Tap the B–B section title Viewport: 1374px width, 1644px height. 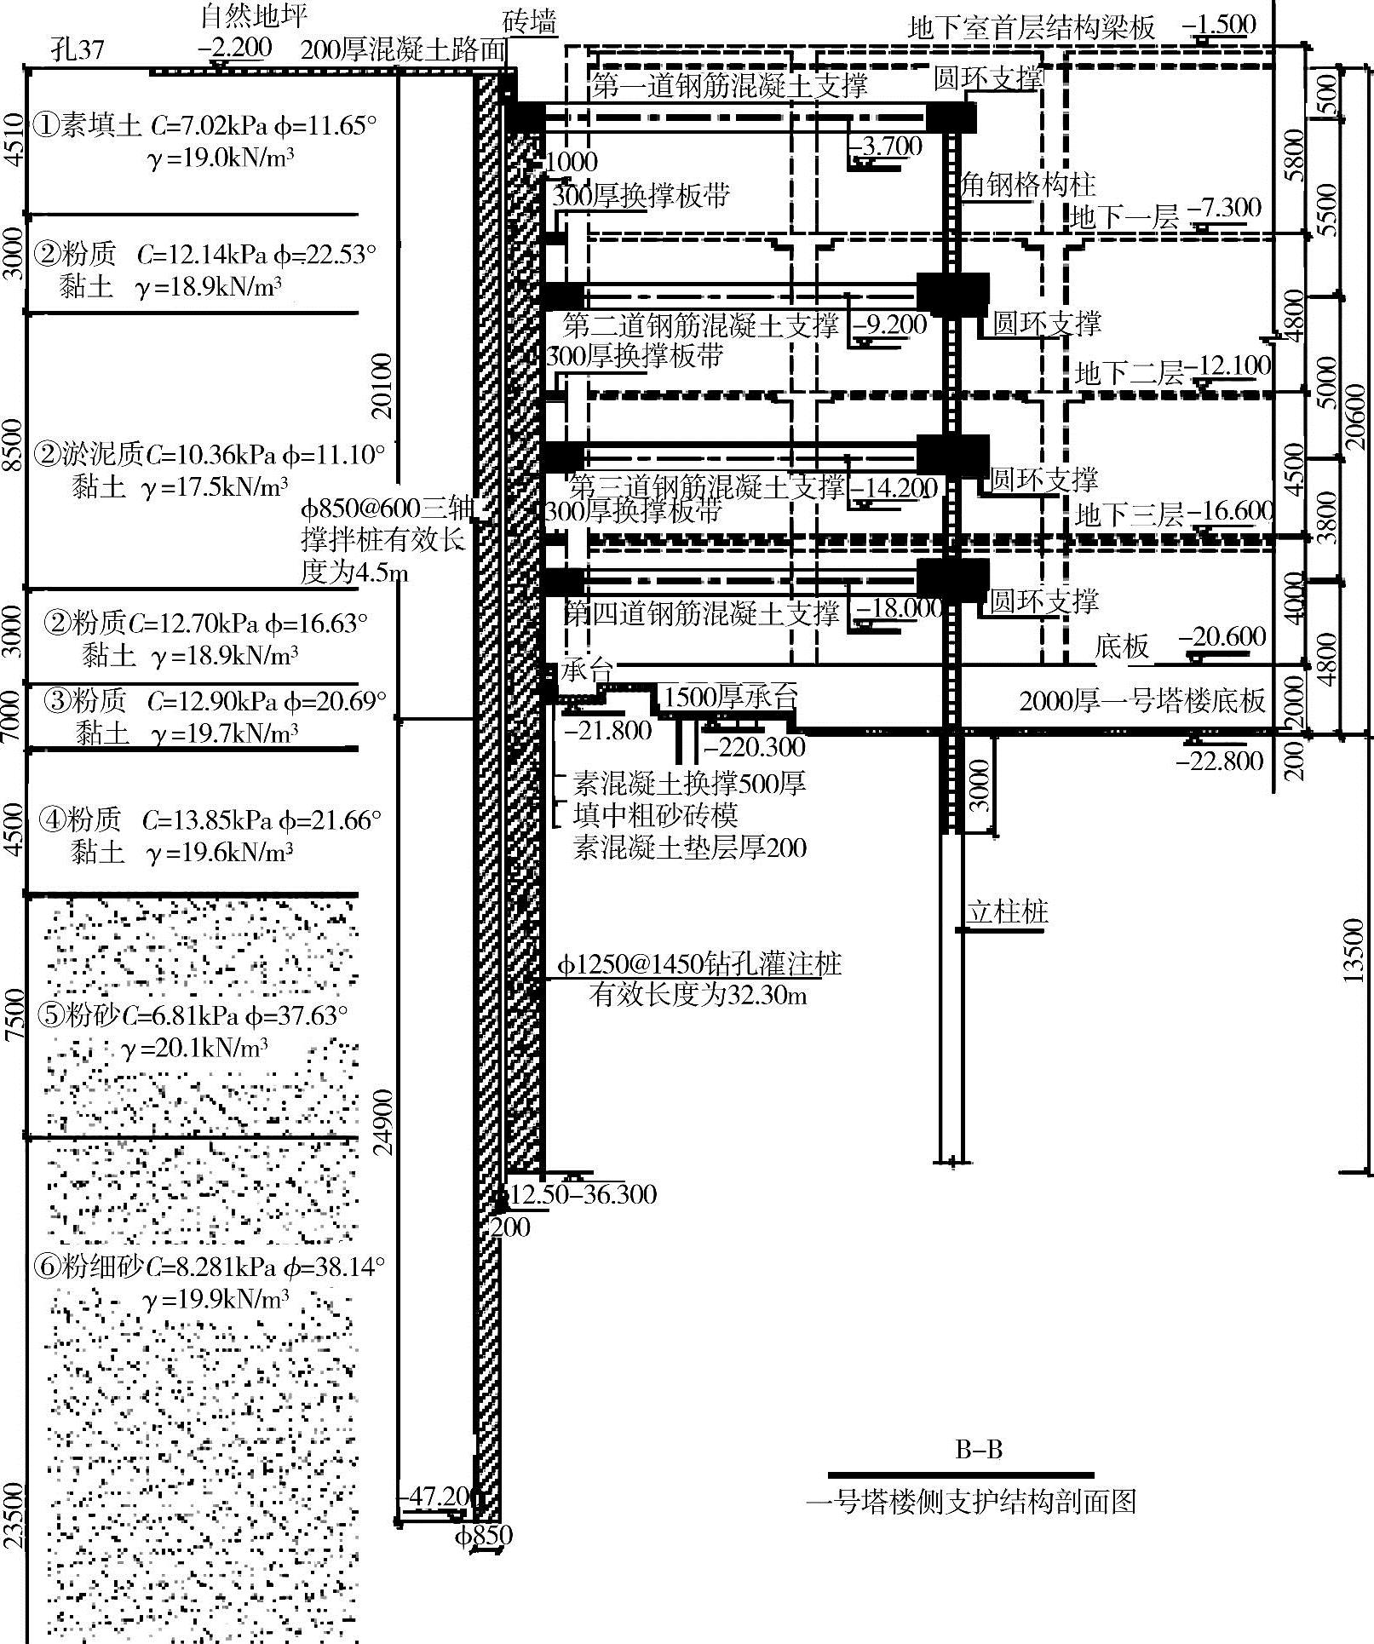click(979, 1449)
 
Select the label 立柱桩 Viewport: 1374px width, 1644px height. click(1007, 912)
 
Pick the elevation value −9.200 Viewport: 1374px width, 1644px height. click(890, 324)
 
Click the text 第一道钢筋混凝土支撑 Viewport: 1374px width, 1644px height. click(729, 85)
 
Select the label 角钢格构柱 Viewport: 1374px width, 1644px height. click(1027, 184)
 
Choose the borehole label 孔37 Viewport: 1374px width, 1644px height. click(77, 49)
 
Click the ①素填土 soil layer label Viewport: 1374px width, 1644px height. click(86, 126)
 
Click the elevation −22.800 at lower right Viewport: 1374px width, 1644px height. click(1220, 761)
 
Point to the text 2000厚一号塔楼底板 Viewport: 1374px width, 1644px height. click(1142, 701)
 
